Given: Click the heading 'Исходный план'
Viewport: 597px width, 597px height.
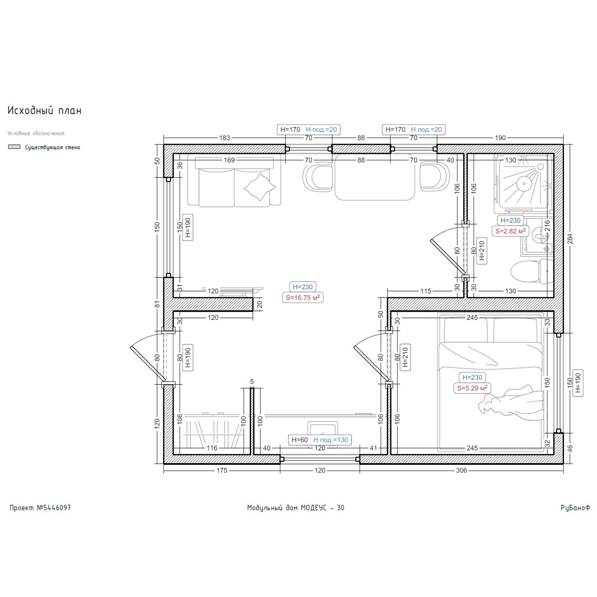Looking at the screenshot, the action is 45,111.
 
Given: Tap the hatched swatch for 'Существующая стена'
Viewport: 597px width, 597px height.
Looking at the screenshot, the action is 14,147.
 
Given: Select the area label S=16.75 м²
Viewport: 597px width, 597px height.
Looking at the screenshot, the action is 303,298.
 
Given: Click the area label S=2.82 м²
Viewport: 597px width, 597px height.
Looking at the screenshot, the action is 510,231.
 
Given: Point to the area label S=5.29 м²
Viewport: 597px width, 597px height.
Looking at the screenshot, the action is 472,388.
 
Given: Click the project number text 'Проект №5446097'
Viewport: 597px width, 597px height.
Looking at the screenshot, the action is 40,508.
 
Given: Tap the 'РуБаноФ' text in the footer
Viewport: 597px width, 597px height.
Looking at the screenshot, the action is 575,508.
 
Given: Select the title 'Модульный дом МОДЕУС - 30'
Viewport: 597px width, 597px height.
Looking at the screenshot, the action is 296,508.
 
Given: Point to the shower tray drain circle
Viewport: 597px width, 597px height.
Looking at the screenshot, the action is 524,184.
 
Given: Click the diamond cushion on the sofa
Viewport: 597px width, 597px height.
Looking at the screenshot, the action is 260,187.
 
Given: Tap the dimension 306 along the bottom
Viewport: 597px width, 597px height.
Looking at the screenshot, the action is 461,470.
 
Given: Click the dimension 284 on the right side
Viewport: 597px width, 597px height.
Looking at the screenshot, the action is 570,239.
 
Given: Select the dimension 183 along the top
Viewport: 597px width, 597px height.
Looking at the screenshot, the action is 225,138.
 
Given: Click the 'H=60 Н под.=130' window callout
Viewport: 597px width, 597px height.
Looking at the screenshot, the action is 320,440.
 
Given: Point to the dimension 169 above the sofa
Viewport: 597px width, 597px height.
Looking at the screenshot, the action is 229,160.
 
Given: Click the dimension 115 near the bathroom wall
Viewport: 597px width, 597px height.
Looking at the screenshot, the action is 426,291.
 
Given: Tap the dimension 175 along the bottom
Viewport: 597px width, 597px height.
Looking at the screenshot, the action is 222,470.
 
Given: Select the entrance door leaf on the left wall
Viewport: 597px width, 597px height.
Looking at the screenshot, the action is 148,364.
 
